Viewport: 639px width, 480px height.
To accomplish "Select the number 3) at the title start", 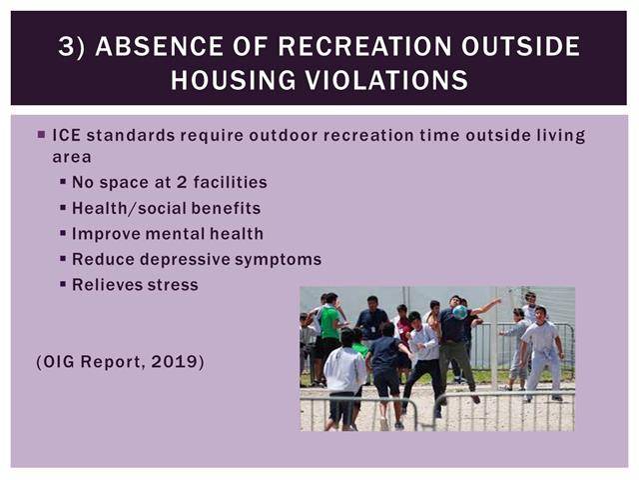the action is tap(72, 46).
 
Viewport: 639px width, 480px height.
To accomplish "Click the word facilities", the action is tap(231, 182).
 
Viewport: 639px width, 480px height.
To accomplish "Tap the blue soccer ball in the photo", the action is tap(460, 312).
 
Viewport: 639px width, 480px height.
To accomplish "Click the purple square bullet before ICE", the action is tap(41, 135).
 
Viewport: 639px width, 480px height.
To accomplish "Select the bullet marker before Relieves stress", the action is tap(63, 283).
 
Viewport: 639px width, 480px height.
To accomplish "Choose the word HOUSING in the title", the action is tap(233, 80).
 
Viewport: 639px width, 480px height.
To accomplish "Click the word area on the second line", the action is tap(72, 158).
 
